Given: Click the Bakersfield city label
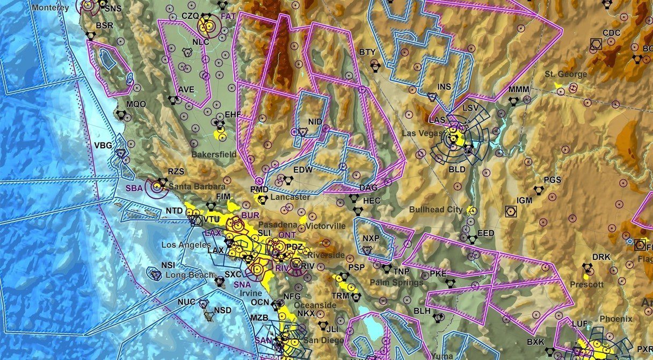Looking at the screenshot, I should click(214, 155).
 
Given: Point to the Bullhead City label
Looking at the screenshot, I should click(436, 210).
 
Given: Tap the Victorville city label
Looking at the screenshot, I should click(325, 226).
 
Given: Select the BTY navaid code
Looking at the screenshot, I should click(367, 52).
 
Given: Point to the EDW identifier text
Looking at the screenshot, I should click(303, 170).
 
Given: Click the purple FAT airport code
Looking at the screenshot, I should click(228, 17).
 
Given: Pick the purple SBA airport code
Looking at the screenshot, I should click(134, 188).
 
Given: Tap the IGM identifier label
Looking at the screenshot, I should click(525, 200).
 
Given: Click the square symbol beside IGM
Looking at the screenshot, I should click(510, 212).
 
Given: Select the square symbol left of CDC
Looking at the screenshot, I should click(596, 44).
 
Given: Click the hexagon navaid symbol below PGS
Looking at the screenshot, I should click(539, 190).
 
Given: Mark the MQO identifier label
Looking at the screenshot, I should click(136, 104).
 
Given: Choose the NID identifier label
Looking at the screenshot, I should click(315, 122).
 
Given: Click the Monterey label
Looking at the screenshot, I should click(50, 8).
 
